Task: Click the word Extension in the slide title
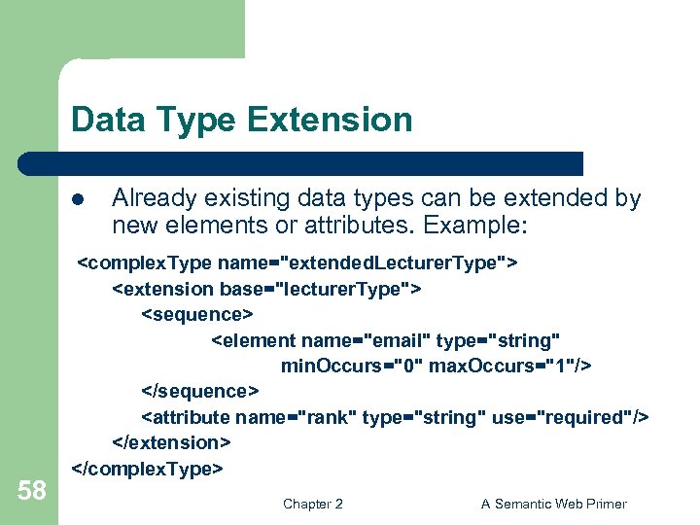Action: (x=330, y=121)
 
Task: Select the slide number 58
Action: (x=31, y=491)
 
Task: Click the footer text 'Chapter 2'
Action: (x=312, y=504)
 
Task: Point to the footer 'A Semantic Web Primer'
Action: (x=554, y=504)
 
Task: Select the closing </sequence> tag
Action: (x=201, y=391)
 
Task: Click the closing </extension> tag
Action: (x=172, y=442)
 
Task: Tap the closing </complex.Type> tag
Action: (x=149, y=468)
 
